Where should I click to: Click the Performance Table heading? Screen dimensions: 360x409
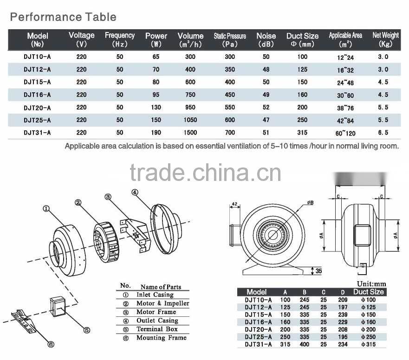[x=63, y=17]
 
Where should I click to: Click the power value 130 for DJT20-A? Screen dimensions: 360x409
[x=156, y=107]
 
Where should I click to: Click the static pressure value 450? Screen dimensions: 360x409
[x=230, y=95]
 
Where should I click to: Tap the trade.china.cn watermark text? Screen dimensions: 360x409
[x=205, y=173]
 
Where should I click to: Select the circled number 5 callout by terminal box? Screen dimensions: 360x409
[x=87, y=330]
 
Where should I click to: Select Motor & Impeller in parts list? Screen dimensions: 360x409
[x=162, y=303]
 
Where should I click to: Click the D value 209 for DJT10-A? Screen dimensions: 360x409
[x=343, y=300]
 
